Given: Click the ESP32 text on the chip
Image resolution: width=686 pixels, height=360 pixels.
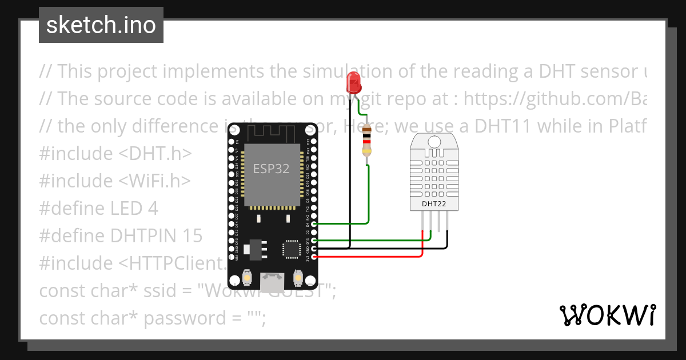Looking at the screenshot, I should (271, 169).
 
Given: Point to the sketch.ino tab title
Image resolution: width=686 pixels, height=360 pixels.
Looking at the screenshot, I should (101, 25).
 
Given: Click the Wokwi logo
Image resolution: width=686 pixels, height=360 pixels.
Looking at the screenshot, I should (607, 315).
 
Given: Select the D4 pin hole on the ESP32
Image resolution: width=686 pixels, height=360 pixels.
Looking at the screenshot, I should (313, 225).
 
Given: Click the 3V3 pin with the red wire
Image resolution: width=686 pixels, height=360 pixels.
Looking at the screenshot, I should (313, 257).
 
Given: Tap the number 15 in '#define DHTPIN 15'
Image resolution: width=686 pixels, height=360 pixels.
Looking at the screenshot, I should (192, 236).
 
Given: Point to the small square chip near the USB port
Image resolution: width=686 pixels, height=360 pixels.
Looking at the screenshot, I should (290, 250).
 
